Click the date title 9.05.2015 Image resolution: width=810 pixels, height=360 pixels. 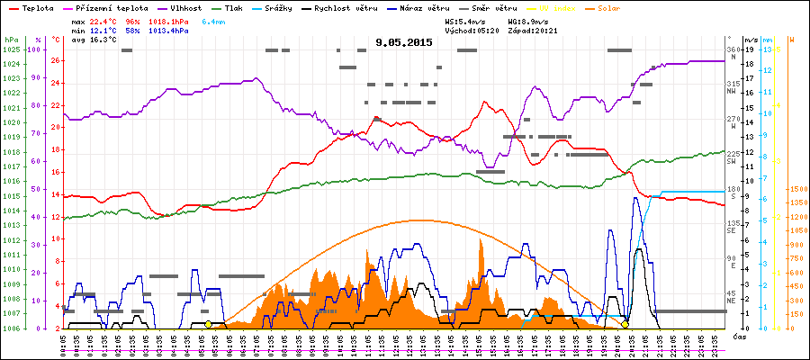(x=404, y=42)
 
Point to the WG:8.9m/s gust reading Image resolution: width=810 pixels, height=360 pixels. (x=527, y=21)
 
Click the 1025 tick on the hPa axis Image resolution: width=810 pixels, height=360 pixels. (x=11, y=49)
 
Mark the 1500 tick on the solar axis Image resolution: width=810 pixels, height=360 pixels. (x=796, y=189)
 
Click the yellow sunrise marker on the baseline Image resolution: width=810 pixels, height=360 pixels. (x=209, y=324)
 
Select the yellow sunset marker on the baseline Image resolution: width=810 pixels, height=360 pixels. (x=625, y=324)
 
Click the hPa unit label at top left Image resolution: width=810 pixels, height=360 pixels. (x=11, y=40)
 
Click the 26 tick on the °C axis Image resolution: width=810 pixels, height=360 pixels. (x=56, y=61)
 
